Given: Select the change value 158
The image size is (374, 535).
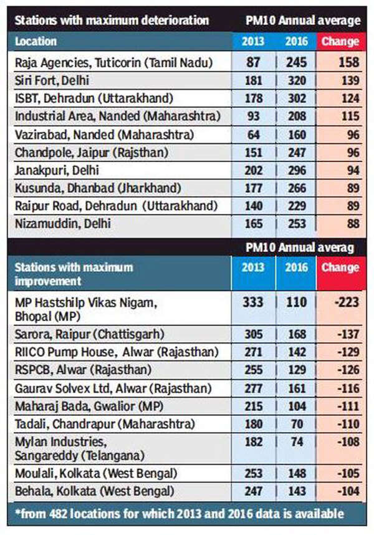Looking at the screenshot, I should click(340, 63).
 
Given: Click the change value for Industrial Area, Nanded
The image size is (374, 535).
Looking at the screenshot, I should click(340, 116).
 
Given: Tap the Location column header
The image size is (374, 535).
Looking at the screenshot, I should click(36, 42).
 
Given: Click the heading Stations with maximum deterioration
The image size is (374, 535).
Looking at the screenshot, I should click(112, 21).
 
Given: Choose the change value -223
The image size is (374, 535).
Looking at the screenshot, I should click(340, 302).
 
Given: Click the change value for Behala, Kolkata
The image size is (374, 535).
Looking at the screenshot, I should click(340, 491).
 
